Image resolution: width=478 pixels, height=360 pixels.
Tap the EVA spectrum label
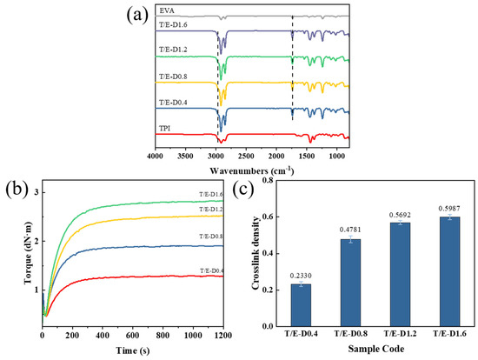pyautogui.click(x=167, y=10)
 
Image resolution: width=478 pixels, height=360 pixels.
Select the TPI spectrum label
pyautogui.click(x=166, y=128)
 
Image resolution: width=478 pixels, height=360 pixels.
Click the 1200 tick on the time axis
pyautogui.click(x=223, y=333)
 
